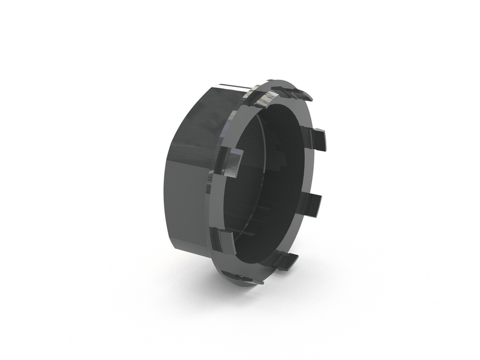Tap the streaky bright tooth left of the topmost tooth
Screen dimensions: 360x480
tap(259, 96)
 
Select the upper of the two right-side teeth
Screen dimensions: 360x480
tap(319, 140)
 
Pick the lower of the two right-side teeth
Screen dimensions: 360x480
tap(317, 203)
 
